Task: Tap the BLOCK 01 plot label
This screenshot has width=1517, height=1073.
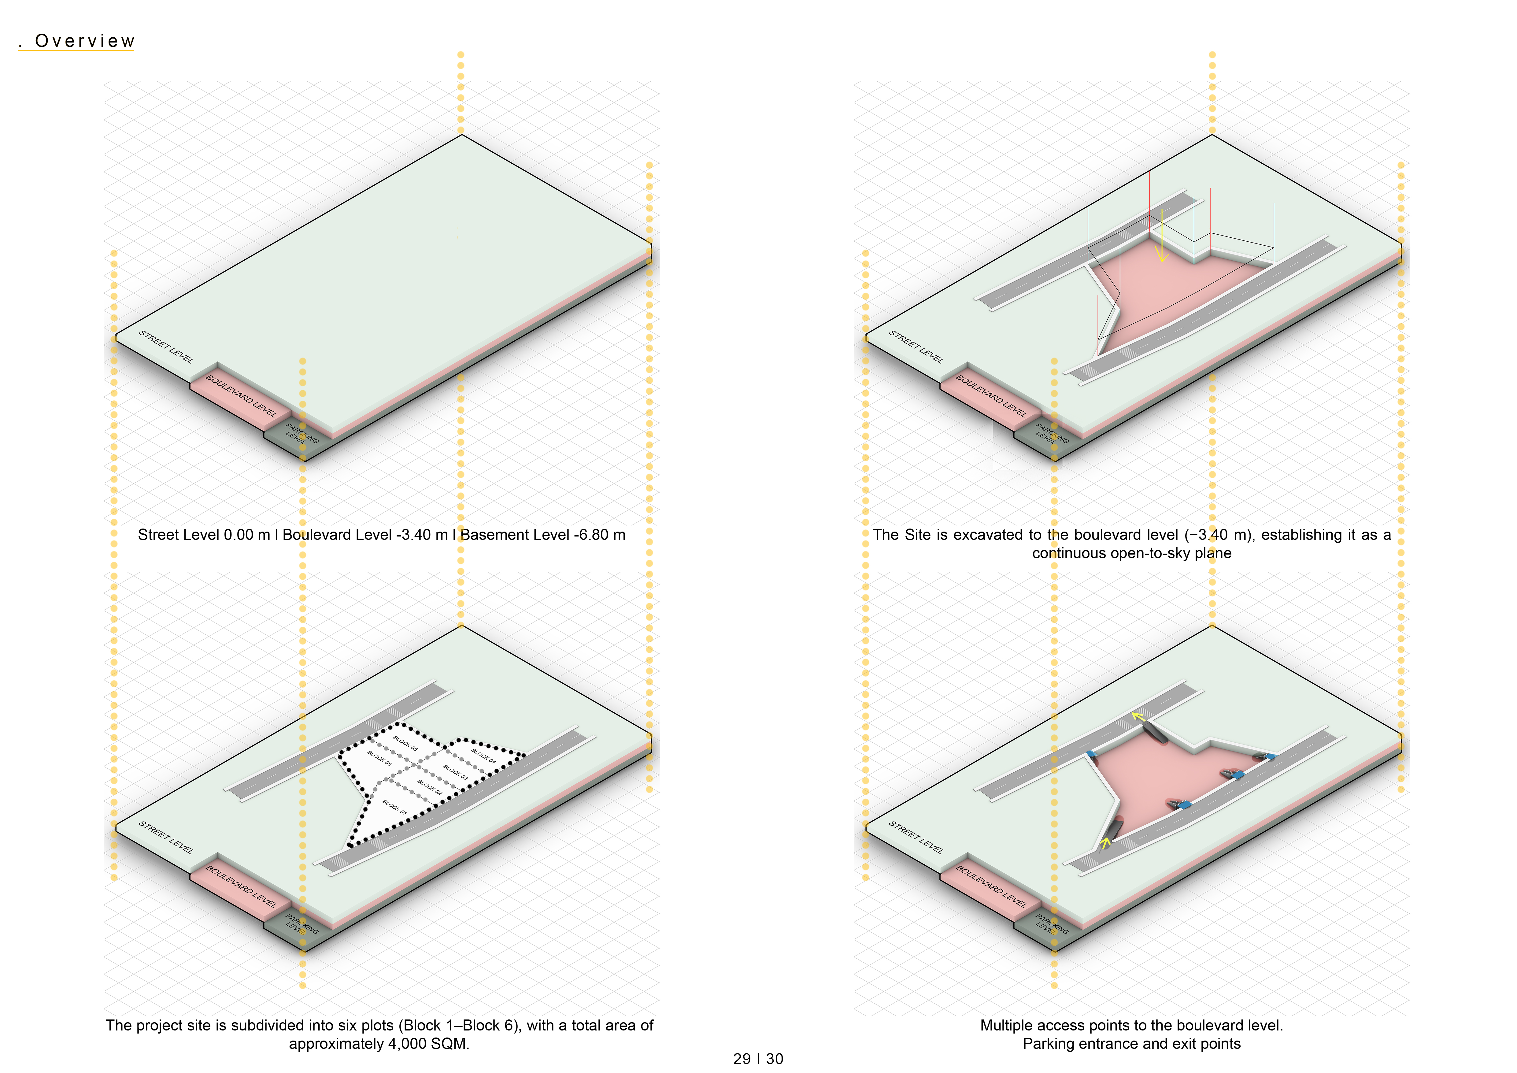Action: tap(394, 807)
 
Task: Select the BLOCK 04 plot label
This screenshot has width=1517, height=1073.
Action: tap(483, 756)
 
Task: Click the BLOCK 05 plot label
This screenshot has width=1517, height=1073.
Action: tap(406, 743)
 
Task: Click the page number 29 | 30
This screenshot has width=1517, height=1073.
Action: tap(758, 1058)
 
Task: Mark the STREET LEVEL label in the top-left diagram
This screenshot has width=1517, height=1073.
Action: tap(166, 347)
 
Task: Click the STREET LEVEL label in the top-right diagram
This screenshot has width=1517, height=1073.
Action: tap(916, 347)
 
